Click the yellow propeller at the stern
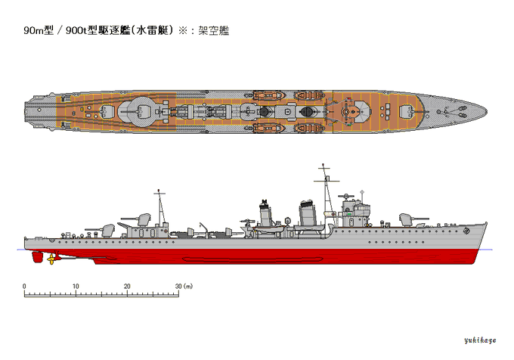51,259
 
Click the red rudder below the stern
36,257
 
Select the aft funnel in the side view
265,213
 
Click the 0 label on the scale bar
24,286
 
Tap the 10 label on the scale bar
76,286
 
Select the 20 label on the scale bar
127,286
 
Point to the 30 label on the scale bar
178,286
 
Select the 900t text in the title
78,31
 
